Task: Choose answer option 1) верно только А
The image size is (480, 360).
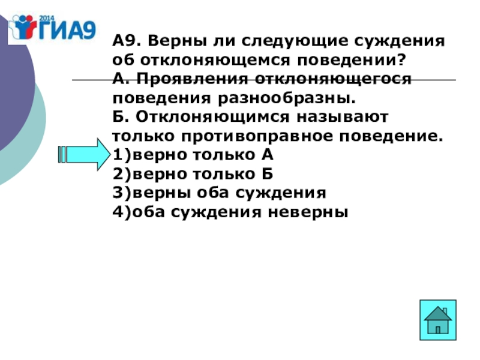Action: tap(193, 155)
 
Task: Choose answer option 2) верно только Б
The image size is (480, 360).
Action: tap(193, 174)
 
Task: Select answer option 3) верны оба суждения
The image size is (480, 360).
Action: tap(219, 193)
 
